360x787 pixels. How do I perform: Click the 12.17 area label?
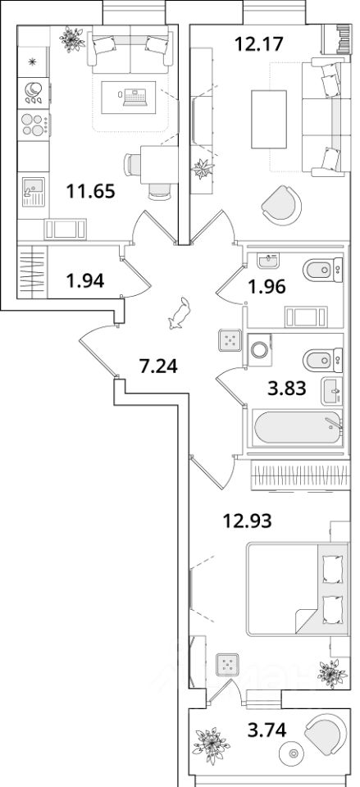point(260,44)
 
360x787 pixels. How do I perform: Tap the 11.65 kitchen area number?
point(91,191)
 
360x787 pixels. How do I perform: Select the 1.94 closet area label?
point(85,281)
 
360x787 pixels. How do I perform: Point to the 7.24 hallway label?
point(158,367)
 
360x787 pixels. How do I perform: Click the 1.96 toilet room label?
point(267,287)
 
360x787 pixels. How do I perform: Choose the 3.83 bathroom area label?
point(287,388)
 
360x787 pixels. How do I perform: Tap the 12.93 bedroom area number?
point(248,521)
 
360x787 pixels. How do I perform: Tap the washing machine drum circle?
point(260,349)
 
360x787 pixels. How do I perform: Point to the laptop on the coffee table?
point(133,97)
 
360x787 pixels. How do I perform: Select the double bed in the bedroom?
point(298,589)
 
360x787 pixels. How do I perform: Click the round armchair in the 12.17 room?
point(281,204)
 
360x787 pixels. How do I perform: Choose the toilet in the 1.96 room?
point(323,269)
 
